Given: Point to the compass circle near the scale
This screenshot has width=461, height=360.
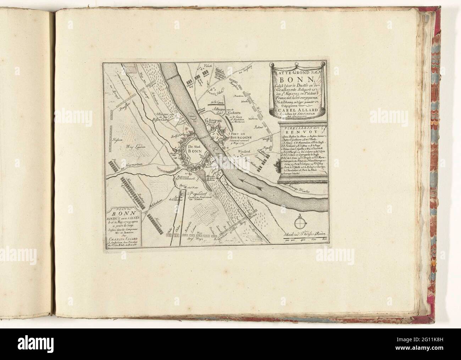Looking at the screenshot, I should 300,223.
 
